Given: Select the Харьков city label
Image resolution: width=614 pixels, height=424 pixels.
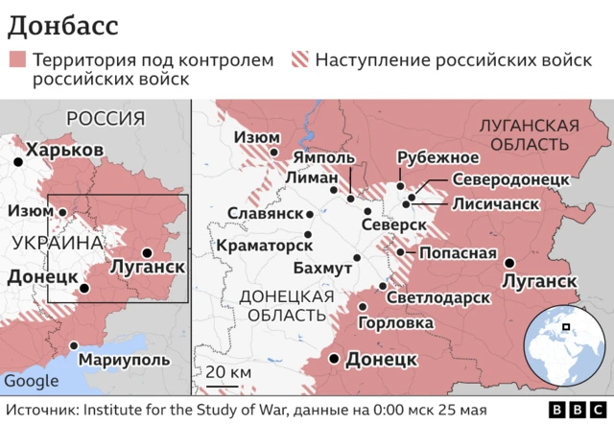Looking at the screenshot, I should (x=64, y=151).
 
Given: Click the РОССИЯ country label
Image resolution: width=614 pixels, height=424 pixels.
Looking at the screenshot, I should (x=106, y=119).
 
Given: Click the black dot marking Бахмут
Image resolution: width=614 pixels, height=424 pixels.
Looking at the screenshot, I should (x=357, y=257).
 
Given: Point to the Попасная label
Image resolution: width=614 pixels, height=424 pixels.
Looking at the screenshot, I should (x=458, y=254).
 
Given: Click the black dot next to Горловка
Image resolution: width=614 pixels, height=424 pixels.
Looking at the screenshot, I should (x=364, y=307).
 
